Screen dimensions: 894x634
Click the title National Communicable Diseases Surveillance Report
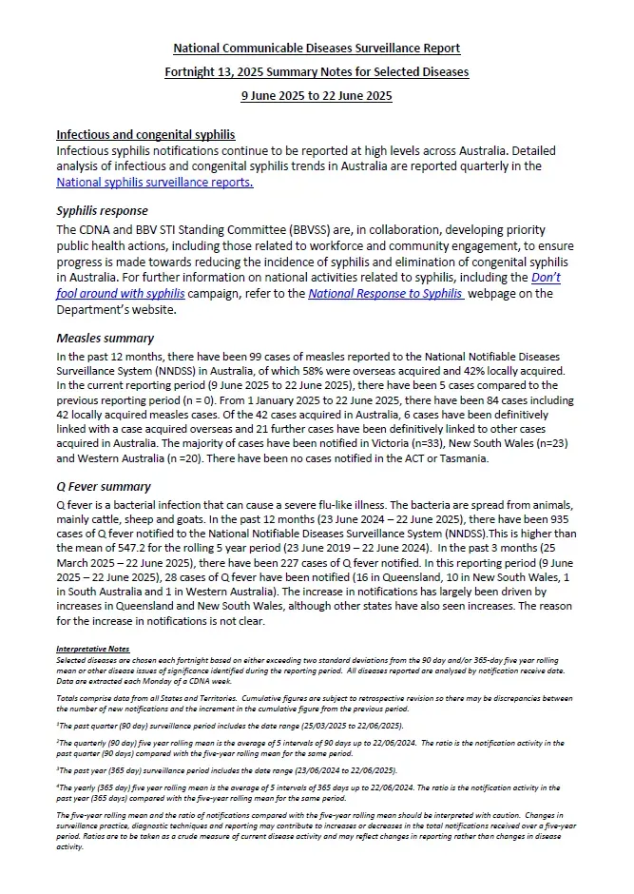coord(317,49)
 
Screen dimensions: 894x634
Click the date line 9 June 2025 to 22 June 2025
coord(317,95)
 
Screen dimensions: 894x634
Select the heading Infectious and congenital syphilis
coord(145,135)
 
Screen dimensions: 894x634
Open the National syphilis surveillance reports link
coord(154,183)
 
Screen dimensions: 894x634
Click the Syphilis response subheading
coord(102,211)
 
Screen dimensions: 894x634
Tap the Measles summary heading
coord(105,338)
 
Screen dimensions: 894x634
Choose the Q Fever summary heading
coord(104,487)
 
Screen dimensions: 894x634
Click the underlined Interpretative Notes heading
coord(94,648)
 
